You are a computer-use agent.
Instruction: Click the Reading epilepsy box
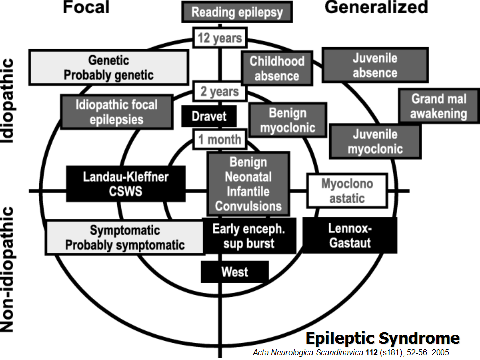pyautogui.click(x=237, y=13)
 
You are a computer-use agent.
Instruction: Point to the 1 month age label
pyautogui.click(x=220, y=139)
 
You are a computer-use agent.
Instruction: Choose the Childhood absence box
pyautogui.click(x=277, y=69)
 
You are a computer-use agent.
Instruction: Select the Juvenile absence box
pyautogui.click(x=375, y=65)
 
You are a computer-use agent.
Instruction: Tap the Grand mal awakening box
pyautogui.click(x=438, y=106)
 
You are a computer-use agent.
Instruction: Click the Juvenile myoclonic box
pyautogui.click(x=375, y=141)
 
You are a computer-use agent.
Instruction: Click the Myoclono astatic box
pyautogui.click(x=347, y=191)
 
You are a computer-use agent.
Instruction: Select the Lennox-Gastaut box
pyautogui.click(x=350, y=236)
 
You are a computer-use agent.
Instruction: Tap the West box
pyautogui.click(x=235, y=272)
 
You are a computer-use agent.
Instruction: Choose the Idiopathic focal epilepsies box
pyautogui.click(x=116, y=112)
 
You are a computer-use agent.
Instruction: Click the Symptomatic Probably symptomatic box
pyautogui.click(x=125, y=238)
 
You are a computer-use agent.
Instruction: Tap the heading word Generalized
pyautogui.click(x=376, y=7)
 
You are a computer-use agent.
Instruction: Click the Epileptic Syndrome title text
pyautogui.click(x=382, y=338)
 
